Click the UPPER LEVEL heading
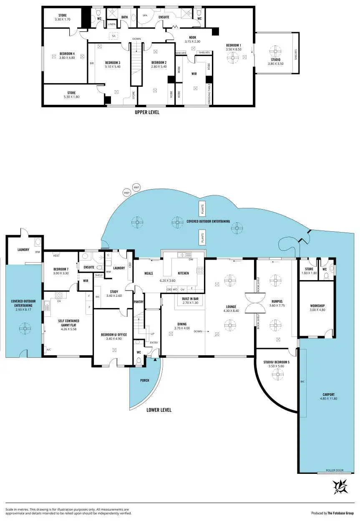click(147, 112)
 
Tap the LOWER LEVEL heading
click(159, 410)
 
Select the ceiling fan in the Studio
click(275, 52)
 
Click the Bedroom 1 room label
click(234, 45)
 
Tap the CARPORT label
click(329, 395)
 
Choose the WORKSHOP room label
click(317, 305)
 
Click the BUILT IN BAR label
click(189, 298)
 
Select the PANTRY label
click(139, 301)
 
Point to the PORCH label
click(144, 380)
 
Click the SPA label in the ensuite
click(145, 15)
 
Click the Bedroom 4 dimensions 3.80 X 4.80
click(67, 58)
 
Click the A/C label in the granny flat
click(49, 349)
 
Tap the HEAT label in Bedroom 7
click(56, 255)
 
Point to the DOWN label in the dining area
click(198, 331)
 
